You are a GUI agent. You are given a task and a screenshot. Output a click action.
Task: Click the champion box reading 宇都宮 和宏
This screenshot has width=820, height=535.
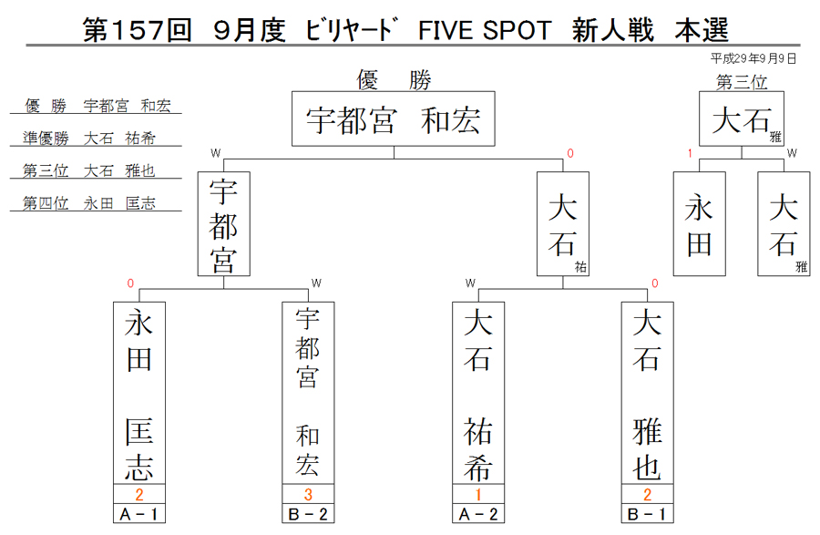point(394,118)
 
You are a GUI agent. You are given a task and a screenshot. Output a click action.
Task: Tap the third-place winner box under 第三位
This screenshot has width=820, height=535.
point(742,118)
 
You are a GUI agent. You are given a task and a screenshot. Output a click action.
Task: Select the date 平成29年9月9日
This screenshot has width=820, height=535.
point(753,58)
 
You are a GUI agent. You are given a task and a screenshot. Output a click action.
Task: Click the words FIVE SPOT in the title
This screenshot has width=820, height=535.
point(485,30)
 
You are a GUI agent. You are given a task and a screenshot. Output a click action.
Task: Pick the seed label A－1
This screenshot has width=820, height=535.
point(139,514)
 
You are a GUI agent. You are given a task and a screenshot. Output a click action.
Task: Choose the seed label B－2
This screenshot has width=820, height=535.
point(308,514)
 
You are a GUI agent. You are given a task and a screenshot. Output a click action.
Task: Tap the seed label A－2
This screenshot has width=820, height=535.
point(478,514)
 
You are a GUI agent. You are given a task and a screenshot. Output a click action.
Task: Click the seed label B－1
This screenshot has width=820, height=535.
point(648,514)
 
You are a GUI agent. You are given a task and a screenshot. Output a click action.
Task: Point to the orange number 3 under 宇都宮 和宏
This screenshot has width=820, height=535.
point(308,494)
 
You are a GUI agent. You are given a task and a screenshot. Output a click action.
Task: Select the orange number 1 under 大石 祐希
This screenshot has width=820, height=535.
point(478,494)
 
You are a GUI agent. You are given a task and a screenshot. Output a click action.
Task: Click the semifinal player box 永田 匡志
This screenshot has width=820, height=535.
point(139,393)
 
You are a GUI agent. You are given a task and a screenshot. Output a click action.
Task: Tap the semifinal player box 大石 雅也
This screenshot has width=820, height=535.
point(648,393)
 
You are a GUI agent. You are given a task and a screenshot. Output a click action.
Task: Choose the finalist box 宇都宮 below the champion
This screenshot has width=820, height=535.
point(224,224)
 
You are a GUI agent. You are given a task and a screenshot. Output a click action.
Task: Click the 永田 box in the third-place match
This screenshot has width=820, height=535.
point(699,224)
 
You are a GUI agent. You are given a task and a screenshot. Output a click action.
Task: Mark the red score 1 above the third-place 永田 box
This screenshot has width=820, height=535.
point(690,153)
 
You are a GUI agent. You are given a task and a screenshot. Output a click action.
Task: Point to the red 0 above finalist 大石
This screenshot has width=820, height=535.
point(570,153)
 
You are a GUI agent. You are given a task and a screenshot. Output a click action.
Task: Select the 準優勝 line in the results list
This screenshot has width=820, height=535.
point(89,138)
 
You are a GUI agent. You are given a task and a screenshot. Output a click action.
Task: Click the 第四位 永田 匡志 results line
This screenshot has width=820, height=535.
point(89,203)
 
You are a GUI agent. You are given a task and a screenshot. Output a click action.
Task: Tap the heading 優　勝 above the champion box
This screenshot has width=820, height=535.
point(394,80)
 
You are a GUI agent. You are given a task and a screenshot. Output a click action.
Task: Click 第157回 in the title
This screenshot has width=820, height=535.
point(138,30)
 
